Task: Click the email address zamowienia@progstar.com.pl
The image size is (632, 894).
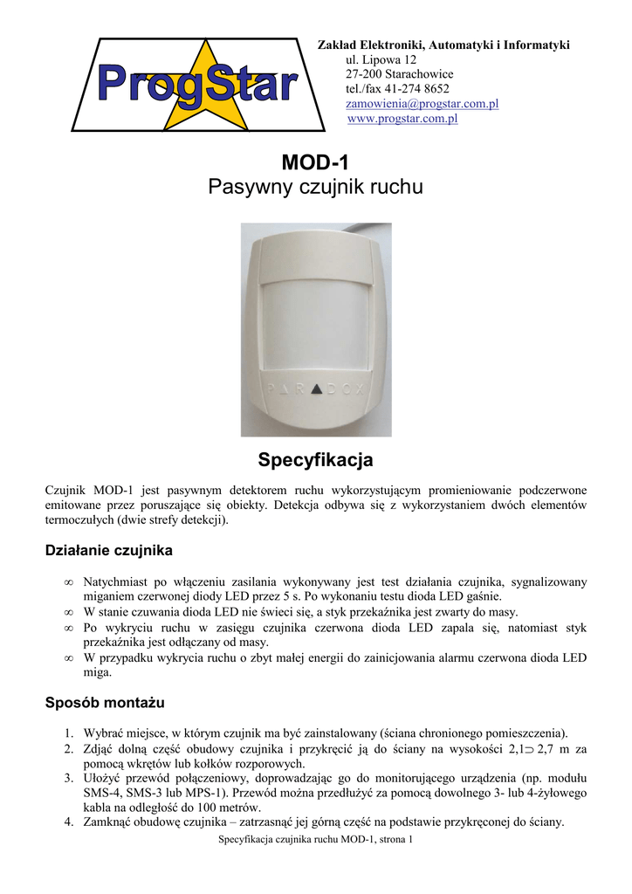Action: [x=409, y=104]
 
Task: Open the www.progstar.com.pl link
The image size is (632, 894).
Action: [x=402, y=119]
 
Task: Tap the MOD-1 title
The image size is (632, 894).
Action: [x=315, y=162]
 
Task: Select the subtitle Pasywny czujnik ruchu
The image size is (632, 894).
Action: [x=315, y=187]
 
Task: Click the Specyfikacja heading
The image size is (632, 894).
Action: [x=315, y=459]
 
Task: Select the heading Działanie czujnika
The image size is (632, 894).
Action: [x=108, y=551]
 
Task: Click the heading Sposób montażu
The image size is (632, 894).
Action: [x=104, y=702]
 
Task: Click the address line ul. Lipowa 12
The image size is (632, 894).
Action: [x=381, y=59]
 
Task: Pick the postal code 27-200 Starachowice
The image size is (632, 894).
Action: [x=394, y=74]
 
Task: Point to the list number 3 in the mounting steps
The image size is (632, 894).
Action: [x=68, y=778]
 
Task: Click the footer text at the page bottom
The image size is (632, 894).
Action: [x=315, y=840]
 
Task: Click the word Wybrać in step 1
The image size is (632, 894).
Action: [x=105, y=732]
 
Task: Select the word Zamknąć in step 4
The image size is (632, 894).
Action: [x=110, y=822]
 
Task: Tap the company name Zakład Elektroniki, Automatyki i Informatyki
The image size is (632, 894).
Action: [x=443, y=45]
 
